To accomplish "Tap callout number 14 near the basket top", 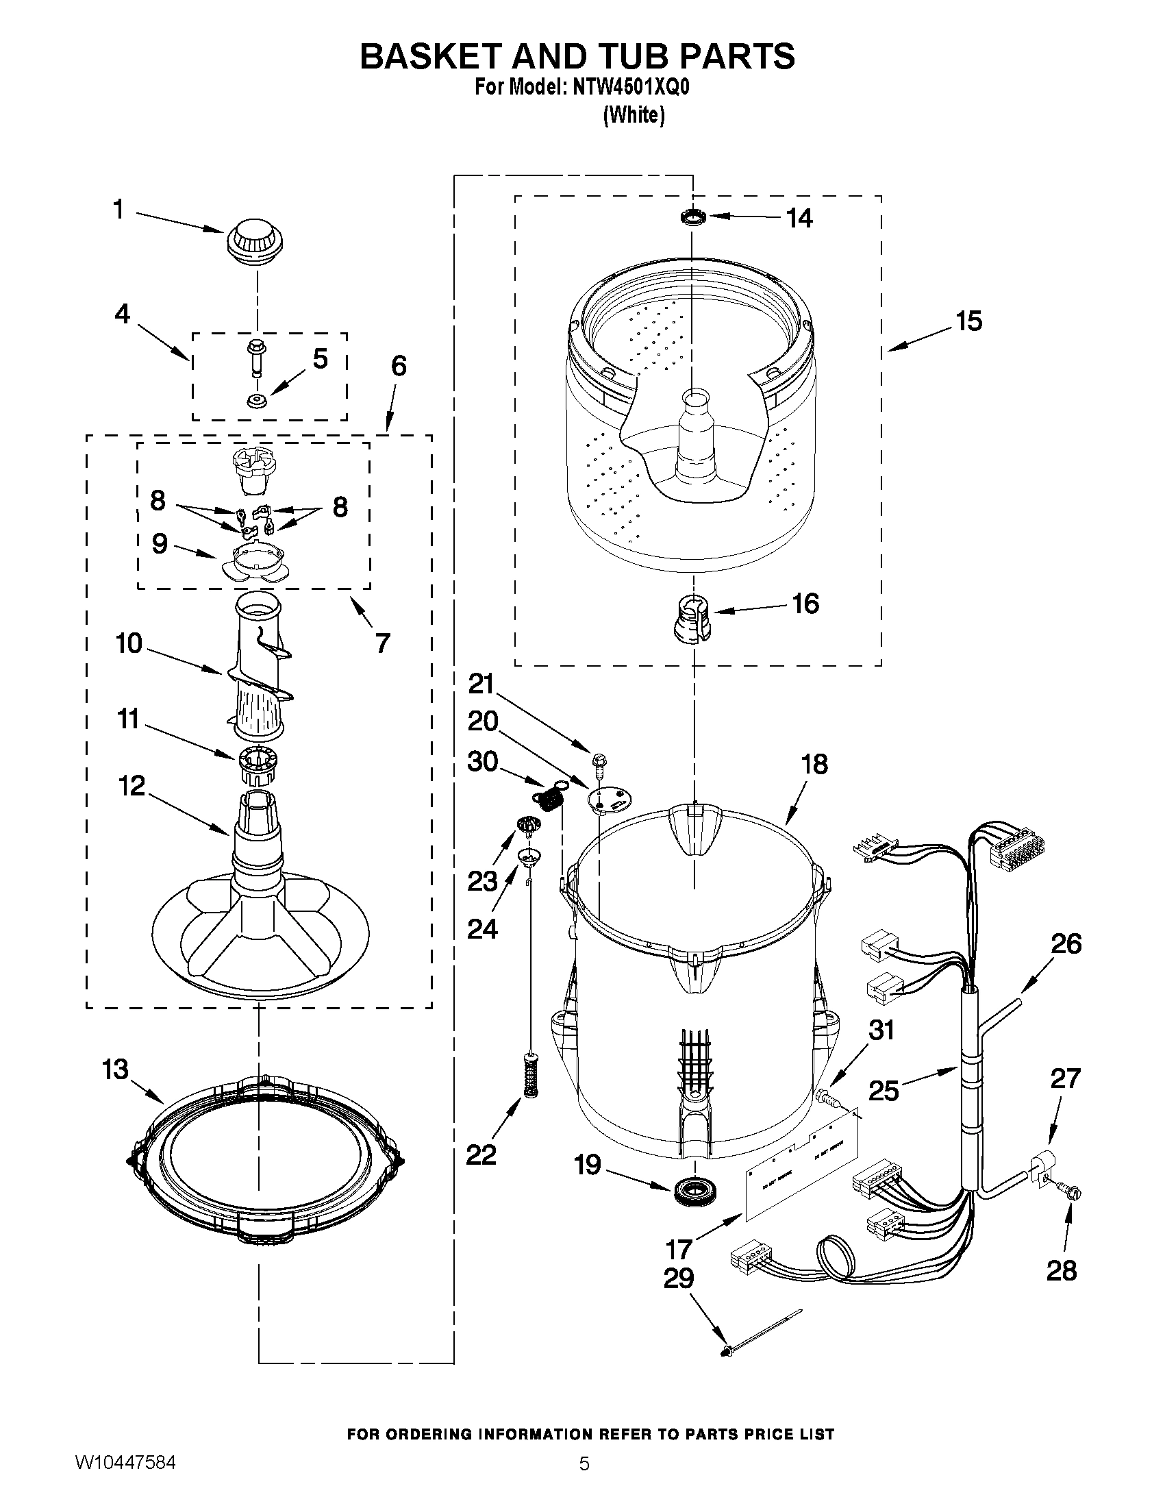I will [800, 218].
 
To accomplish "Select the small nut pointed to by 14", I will [692, 218].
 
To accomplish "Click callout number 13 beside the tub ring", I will [115, 1070].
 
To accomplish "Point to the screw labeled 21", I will [598, 763].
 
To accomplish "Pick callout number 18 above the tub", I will [814, 765].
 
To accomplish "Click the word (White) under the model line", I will [634, 115].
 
